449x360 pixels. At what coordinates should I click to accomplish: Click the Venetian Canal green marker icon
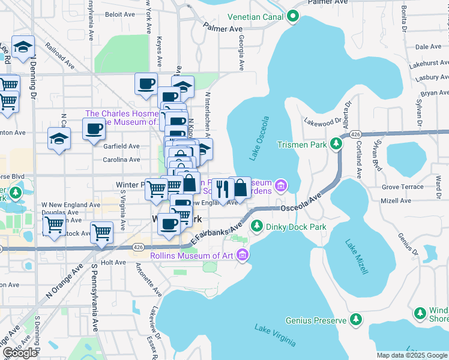pos(293,16)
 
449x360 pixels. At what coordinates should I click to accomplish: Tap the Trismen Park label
pos(301,145)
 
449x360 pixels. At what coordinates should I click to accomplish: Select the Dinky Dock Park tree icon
pos(256,226)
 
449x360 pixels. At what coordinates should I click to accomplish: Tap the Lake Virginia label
pos(274,335)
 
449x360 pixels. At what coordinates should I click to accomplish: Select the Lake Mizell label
pos(357,257)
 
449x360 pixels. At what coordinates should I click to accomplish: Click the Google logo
pos(20,353)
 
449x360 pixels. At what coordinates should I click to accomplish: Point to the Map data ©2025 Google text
pos(412,355)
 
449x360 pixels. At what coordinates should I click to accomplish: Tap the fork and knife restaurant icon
pos(222,188)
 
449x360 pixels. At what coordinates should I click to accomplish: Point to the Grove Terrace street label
pos(402,187)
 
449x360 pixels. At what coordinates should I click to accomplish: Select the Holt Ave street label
pos(113,262)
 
